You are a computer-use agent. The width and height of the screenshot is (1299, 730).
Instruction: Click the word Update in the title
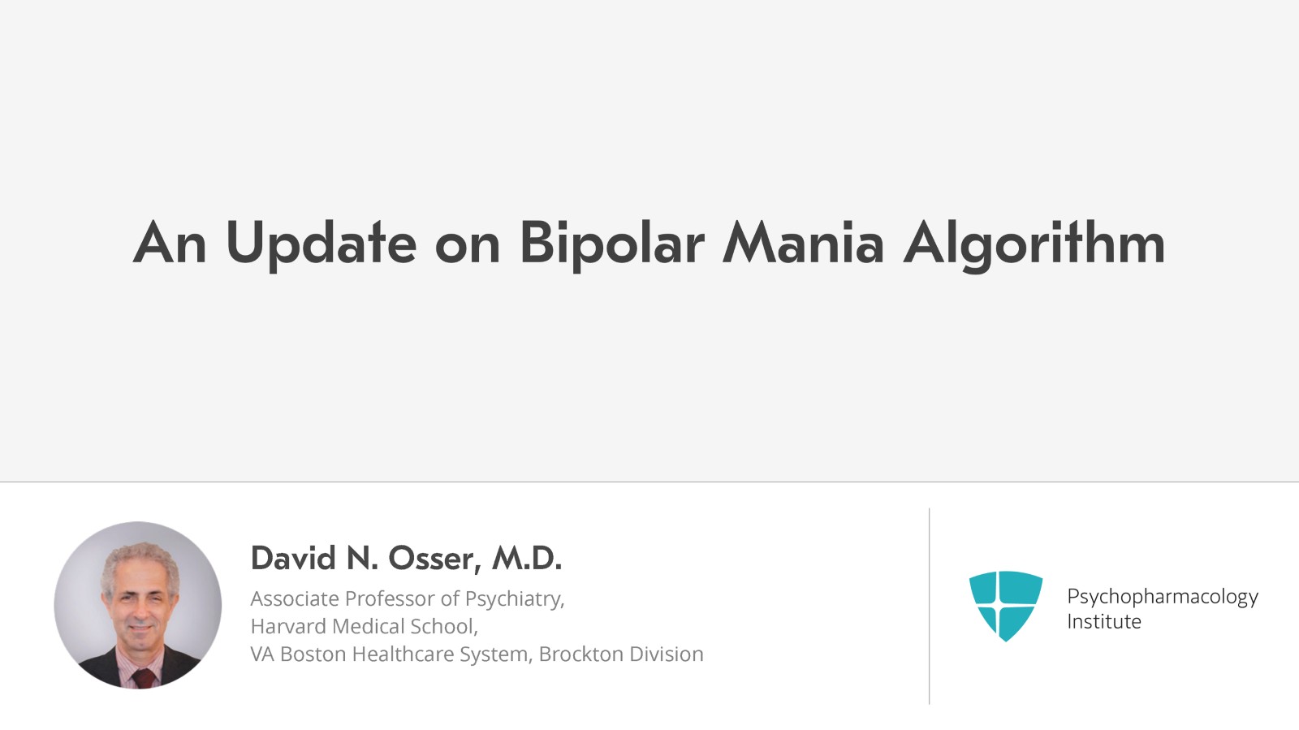click(x=322, y=244)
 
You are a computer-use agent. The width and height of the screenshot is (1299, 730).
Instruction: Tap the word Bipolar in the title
click(x=612, y=244)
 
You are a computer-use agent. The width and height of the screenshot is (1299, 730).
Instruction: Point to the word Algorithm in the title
click(x=1034, y=244)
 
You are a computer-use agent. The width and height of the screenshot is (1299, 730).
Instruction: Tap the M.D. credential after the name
click(x=527, y=559)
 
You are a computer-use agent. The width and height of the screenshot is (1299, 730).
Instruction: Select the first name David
click(x=293, y=559)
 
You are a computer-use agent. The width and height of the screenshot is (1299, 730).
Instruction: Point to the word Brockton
click(x=581, y=654)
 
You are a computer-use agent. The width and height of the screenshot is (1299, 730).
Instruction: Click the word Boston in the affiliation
click(x=313, y=654)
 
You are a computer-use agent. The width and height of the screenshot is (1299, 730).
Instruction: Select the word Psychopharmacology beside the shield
click(x=1163, y=597)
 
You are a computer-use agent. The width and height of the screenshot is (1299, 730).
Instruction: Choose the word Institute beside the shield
click(x=1104, y=621)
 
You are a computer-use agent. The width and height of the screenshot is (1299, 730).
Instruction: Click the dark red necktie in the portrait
click(x=143, y=677)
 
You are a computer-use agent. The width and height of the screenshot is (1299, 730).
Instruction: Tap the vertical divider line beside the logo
click(x=929, y=607)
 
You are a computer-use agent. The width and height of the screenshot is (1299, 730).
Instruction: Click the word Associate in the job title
click(x=295, y=599)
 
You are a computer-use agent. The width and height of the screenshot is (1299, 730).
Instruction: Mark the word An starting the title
click(x=170, y=244)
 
